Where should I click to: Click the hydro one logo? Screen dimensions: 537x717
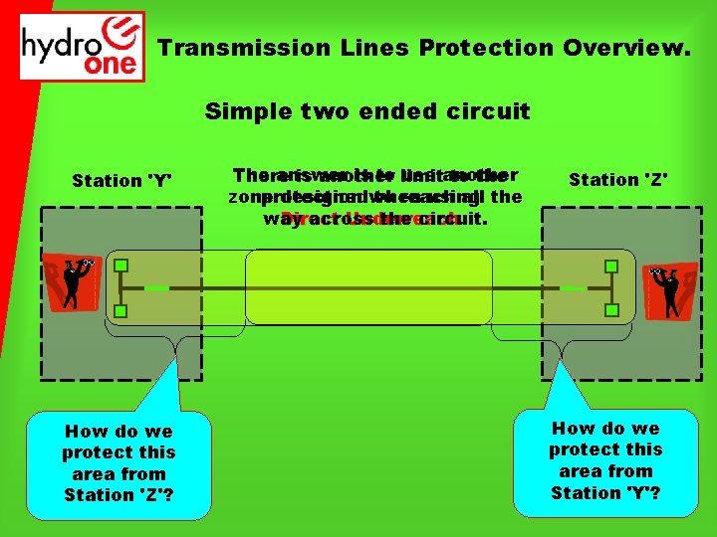(83, 46)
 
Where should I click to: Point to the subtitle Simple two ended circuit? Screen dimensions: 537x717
(367, 111)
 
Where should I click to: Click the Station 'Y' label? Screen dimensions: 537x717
(121, 181)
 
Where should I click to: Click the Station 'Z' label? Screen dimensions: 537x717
(617, 180)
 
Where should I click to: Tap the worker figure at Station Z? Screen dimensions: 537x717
(670, 289)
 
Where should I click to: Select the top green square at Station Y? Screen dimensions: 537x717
(120, 266)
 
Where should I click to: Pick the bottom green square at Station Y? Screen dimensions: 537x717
(120, 312)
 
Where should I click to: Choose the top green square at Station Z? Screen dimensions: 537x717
(611, 266)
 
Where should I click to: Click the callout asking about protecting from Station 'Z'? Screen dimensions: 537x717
(119, 462)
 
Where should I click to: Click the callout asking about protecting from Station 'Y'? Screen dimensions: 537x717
(604, 459)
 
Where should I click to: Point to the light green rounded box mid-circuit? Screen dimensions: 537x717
(368, 287)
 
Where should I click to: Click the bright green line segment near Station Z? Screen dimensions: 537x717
(573, 288)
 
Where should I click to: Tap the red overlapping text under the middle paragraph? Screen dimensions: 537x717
(369, 220)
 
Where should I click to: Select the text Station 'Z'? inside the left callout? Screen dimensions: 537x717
(119, 495)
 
